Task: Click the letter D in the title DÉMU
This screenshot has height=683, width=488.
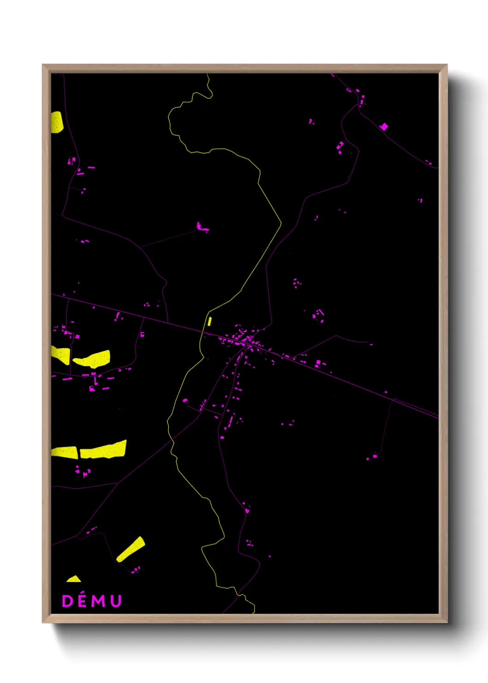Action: [67, 601]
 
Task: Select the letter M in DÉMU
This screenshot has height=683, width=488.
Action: [98, 601]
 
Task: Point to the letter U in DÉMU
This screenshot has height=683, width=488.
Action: [115, 601]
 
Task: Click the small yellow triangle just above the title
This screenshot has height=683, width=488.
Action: [74, 579]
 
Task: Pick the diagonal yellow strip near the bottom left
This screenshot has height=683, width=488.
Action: [131, 549]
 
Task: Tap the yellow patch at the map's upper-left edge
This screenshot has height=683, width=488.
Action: [57, 122]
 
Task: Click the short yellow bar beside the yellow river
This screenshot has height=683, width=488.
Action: [209, 321]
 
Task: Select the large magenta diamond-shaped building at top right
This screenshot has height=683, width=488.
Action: [384, 126]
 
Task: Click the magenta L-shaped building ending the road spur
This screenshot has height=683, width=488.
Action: [201, 227]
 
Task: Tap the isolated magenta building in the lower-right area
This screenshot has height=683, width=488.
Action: [375, 456]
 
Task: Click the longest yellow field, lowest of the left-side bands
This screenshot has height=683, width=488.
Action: [103, 450]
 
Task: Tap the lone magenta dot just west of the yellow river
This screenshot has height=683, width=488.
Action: [185, 401]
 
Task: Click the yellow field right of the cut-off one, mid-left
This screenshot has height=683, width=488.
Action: [92, 359]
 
